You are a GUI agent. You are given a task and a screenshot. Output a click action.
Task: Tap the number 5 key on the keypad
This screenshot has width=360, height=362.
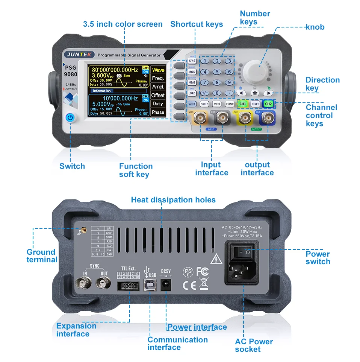coord(217,71)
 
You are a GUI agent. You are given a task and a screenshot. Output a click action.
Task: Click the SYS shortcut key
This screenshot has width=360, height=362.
coord(192,61)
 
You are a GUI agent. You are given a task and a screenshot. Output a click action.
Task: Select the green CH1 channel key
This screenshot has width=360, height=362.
coord(243,103)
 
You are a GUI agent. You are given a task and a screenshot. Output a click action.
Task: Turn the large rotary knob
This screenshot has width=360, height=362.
coord(255,69)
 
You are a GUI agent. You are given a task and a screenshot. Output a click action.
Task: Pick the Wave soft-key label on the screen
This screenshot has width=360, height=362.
coord(158,70)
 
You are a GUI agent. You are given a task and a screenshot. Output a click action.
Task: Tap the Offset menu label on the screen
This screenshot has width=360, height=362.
coord(158,95)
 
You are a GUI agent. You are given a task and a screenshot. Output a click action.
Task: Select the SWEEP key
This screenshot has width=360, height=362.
coord(204,104)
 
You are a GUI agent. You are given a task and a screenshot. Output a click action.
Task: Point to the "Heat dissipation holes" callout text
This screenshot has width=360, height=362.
coord(173,200)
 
